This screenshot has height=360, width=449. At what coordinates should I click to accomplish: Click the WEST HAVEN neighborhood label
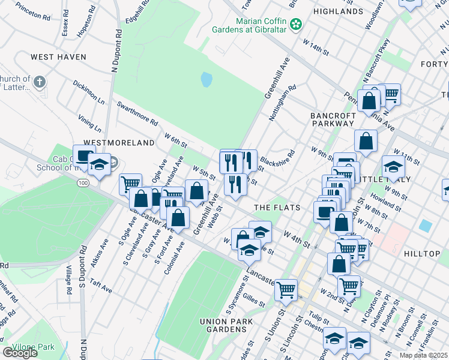click(x=58, y=57)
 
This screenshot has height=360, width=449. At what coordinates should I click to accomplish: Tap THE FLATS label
click(x=276, y=208)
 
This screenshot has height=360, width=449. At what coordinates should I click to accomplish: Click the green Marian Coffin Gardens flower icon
click(x=295, y=24)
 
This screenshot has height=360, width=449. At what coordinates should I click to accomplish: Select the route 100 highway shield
click(x=83, y=182)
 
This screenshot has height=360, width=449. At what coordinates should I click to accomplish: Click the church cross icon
click(x=40, y=82)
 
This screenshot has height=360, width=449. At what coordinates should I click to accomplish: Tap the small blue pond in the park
click(x=206, y=79)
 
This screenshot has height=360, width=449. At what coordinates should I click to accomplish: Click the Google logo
click(x=19, y=353)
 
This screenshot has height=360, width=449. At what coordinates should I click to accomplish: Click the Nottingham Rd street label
click(x=283, y=102)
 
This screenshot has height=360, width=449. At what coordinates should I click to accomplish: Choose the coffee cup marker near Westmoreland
click(x=83, y=154)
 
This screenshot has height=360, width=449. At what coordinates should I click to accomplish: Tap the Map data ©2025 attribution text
click(x=423, y=355)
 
